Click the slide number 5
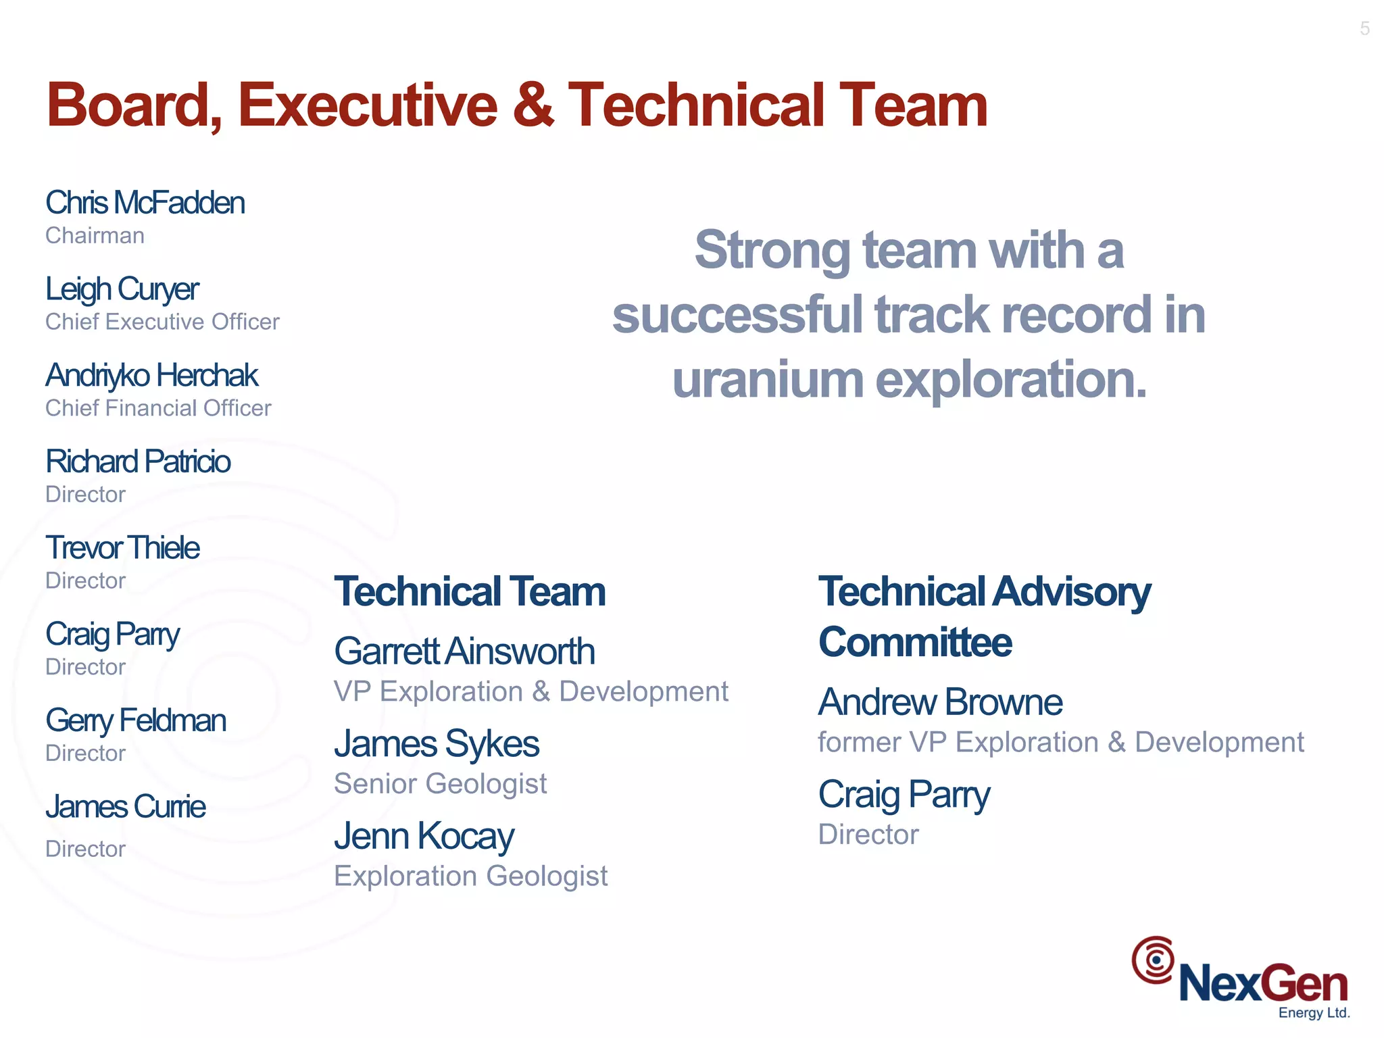pos(1364,28)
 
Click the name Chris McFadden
pos(145,203)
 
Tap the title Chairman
pos(95,236)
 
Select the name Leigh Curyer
pos(122,290)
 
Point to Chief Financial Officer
pos(158,408)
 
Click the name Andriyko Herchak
pos(151,376)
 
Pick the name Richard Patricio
pos(138,462)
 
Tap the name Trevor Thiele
pos(122,548)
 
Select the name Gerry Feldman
pos(135,721)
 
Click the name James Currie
pos(125,807)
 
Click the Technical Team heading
pos(470,592)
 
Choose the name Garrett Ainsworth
pos(464,651)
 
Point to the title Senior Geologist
pos(440,784)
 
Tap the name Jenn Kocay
pos(424,837)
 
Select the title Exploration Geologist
pos(470,876)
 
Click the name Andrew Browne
pos(939,702)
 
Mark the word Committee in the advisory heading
pos(915,642)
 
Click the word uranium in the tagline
pos(768,380)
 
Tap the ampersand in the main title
pos(533,105)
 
